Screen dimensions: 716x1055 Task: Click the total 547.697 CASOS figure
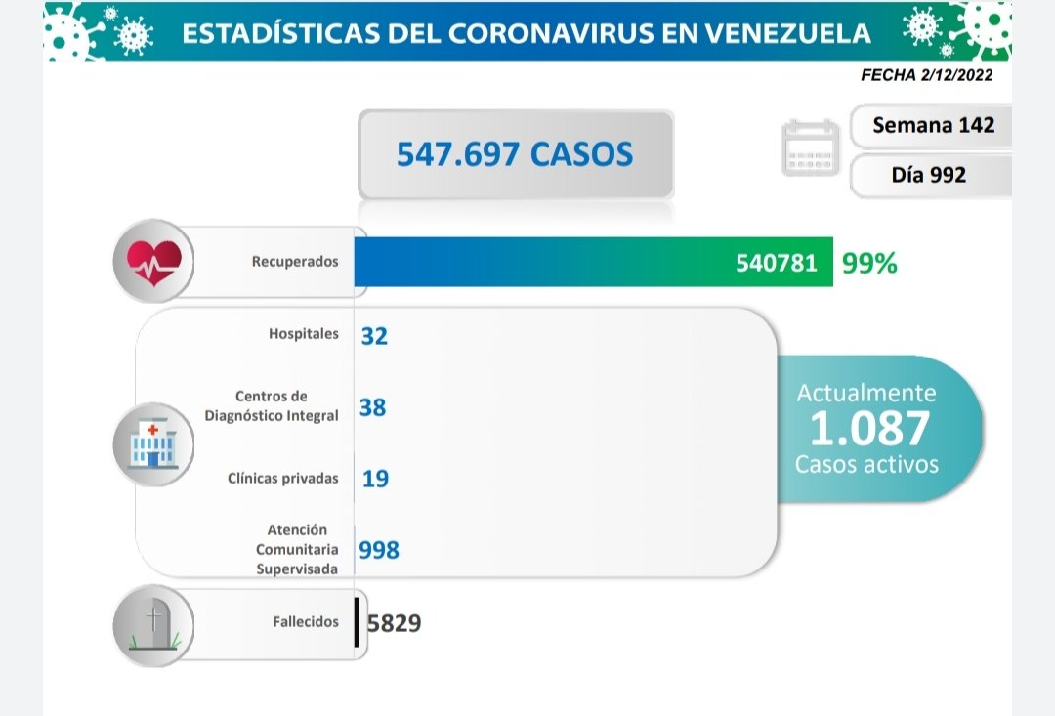pyautogui.click(x=515, y=154)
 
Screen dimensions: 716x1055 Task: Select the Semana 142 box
pyautogui.click(x=933, y=125)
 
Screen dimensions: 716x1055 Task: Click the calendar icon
pyautogui.click(x=810, y=148)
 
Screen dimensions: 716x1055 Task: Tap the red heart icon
pyautogui.click(x=154, y=261)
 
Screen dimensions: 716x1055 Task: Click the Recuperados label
pyautogui.click(x=295, y=262)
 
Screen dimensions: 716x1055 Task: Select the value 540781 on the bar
pyautogui.click(x=778, y=262)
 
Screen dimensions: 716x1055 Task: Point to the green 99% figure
pyautogui.click(x=869, y=263)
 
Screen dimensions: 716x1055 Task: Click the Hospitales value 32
pyautogui.click(x=373, y=336)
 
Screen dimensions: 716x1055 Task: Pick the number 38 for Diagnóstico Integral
pyautogui.click(x=372, y=406)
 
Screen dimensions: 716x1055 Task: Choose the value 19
pyautogui.click(x=374, y=479)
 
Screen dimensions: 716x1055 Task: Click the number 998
pyautogui.click(x=379, y=551)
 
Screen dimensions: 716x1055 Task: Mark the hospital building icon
pyautogui.click(x=153, y=444)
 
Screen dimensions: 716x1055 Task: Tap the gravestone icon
pyautogui.click(x=153, y=624)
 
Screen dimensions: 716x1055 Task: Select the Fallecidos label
pyautogui.click(x=306, y=622)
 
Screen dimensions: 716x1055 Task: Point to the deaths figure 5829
pyautogui.click(x=395, y=623)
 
